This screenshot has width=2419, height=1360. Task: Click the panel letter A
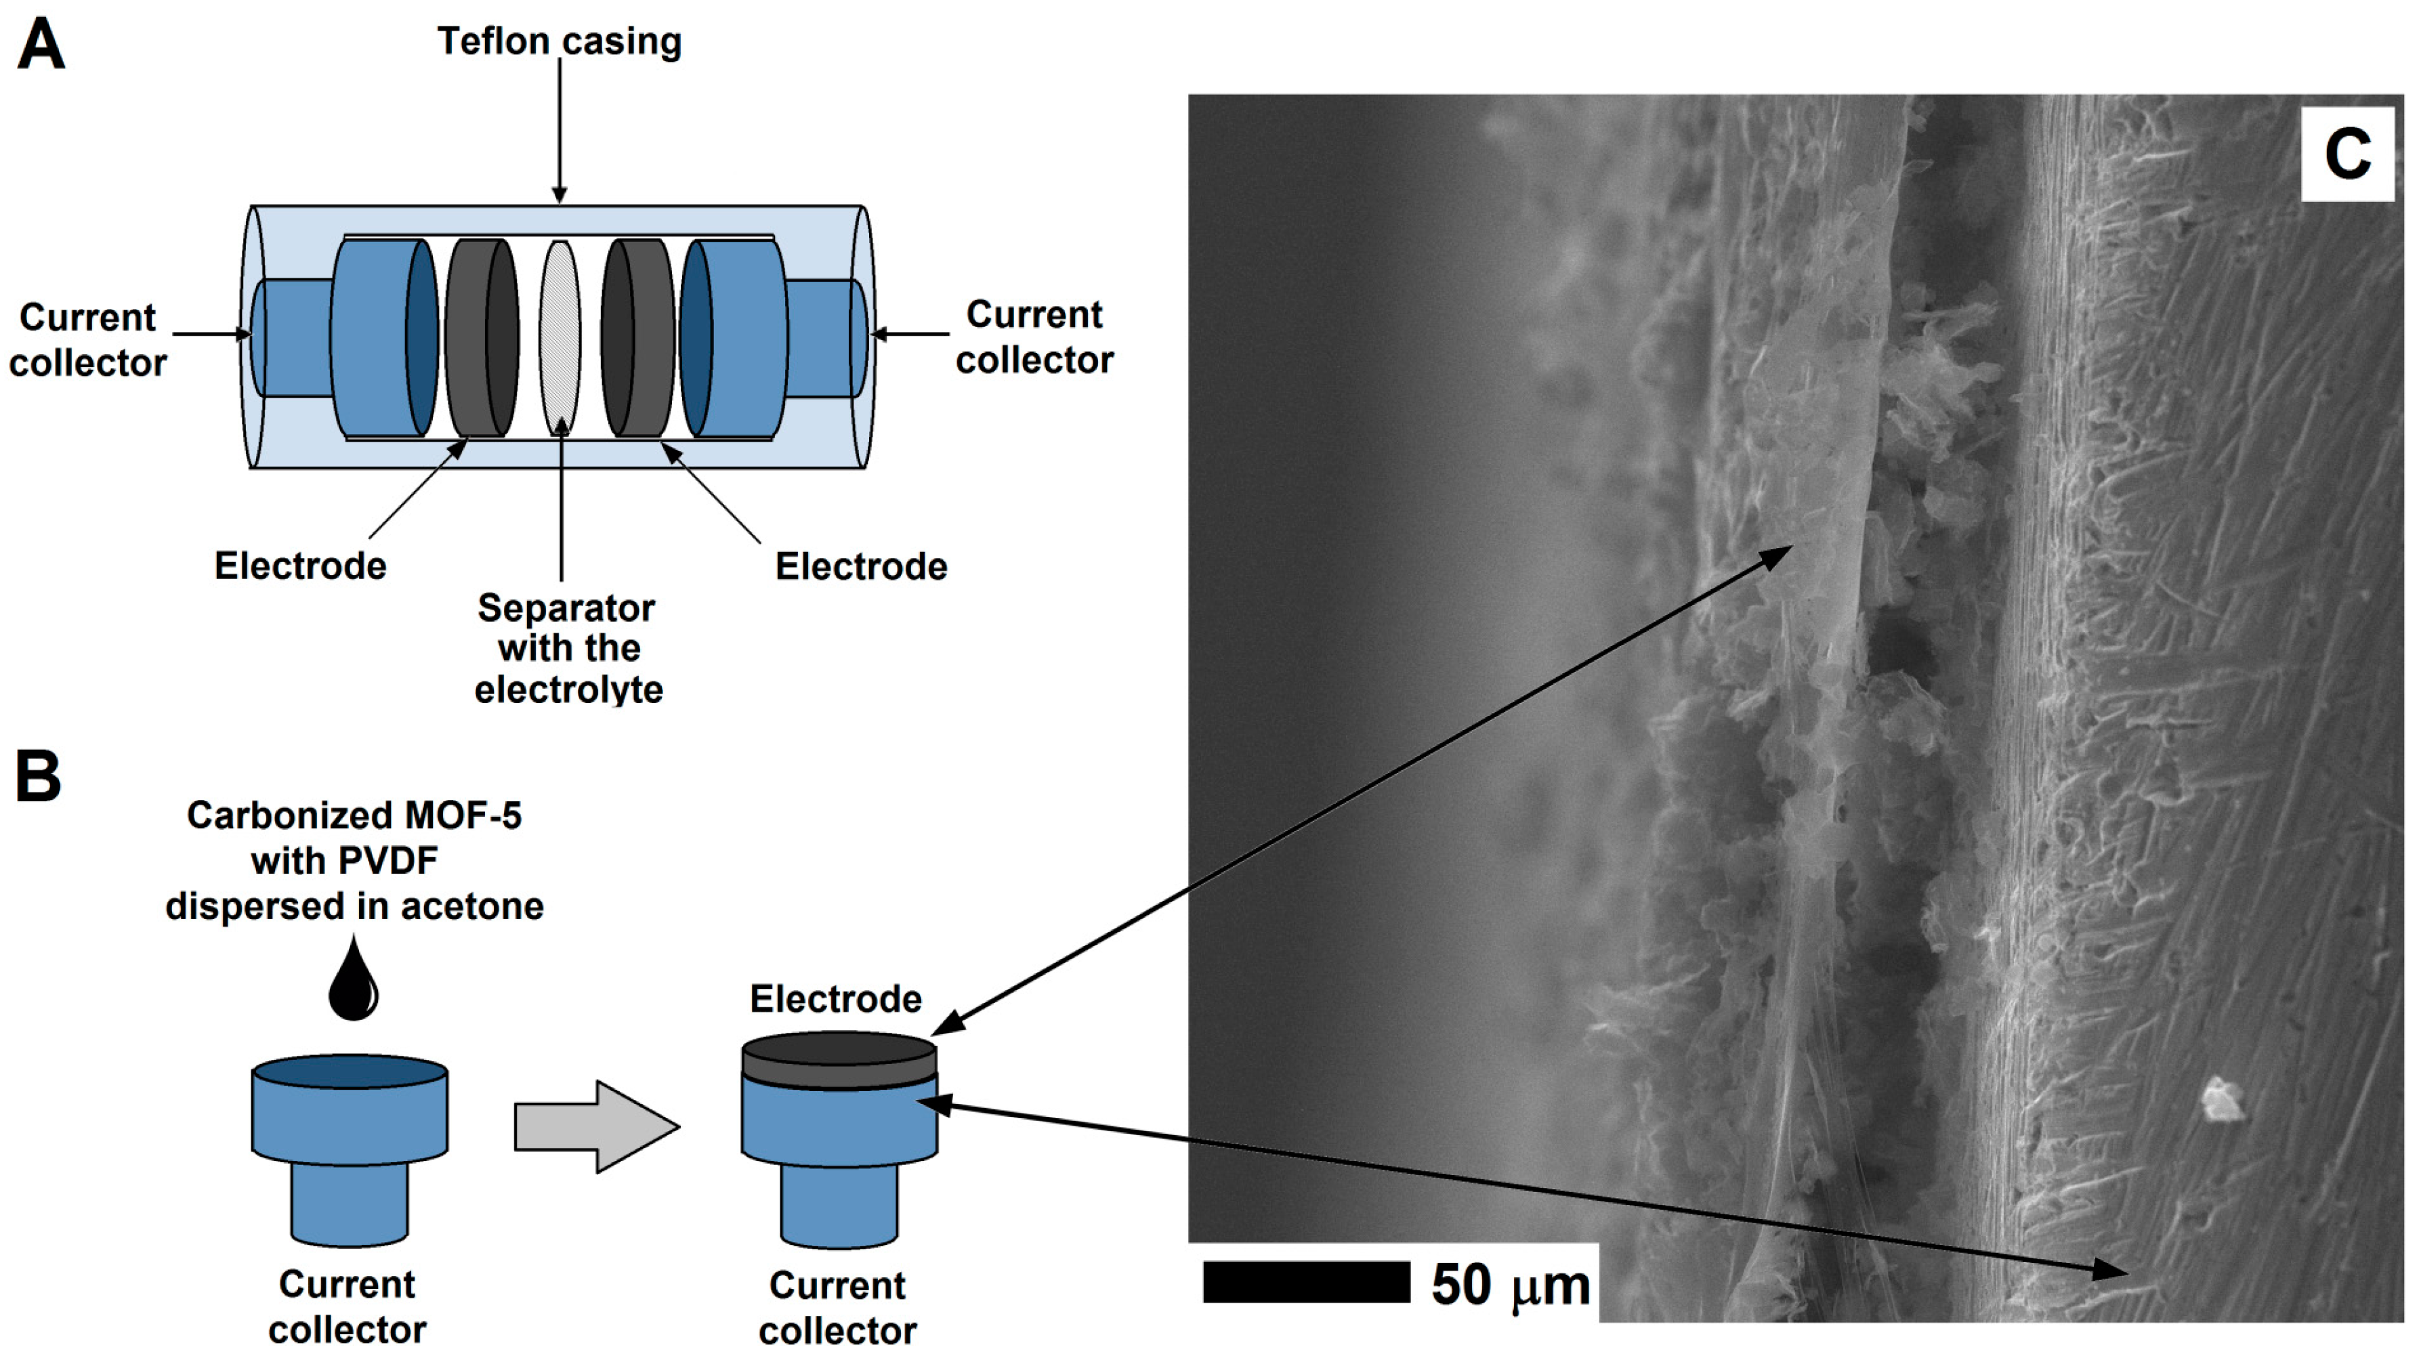pos(41,45)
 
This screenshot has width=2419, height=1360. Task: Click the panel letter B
pos(39,777)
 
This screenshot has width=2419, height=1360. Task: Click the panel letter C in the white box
pos(2347,155)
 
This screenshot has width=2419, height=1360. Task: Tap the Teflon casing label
pos(560,41)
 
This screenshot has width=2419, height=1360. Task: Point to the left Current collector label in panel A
pos(87,340)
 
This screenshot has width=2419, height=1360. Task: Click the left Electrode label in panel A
pos(301,566)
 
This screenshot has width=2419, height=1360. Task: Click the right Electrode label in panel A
pos(861,567)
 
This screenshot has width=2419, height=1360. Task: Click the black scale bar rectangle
pos(1306,1282)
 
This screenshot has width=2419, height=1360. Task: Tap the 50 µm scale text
pos(1510,1285)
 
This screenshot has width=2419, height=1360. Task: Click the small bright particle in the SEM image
pos(2223,1100)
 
